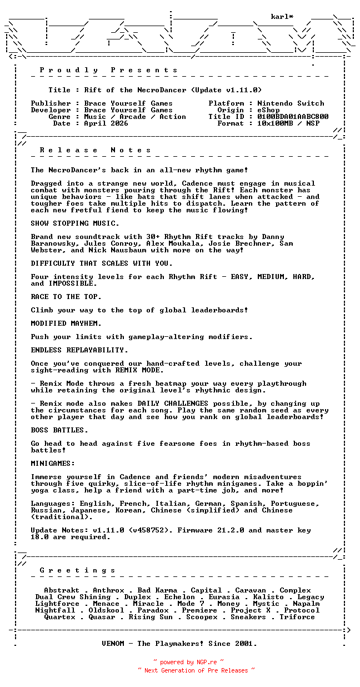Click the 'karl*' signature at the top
282,17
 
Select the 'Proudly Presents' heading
109,70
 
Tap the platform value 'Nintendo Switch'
291,103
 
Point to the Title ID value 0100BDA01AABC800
293,117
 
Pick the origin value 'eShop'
268,110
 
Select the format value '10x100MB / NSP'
288,123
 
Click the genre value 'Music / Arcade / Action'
135,117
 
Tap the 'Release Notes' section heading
96,150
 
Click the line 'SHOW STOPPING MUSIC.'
75,223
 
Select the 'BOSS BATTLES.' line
59,430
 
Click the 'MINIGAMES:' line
53,464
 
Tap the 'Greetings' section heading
78,570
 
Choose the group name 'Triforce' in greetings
297,617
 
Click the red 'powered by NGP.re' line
189,662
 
